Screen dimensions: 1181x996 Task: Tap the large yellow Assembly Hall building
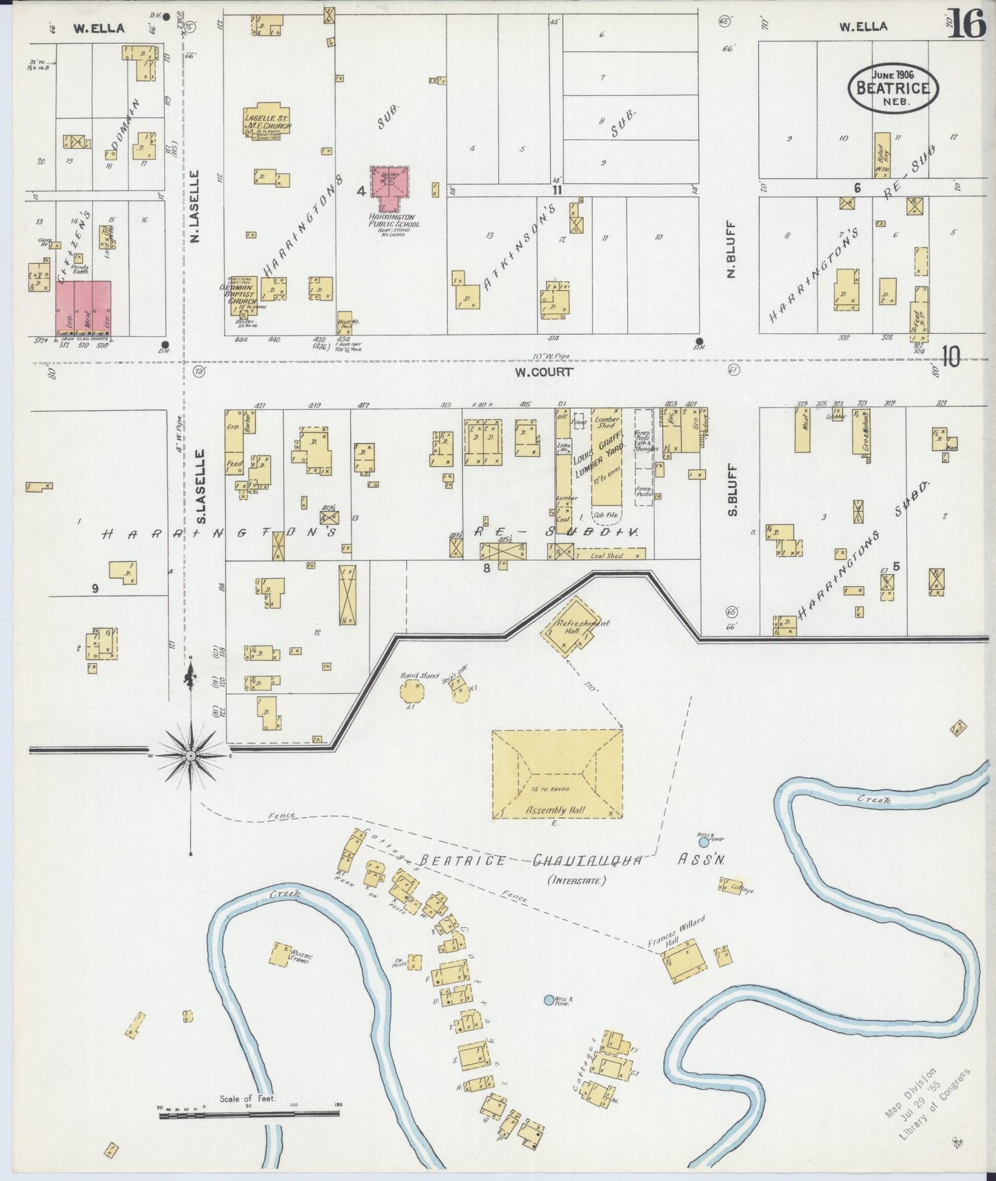557,774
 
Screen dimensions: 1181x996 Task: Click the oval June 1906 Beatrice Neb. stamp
893,88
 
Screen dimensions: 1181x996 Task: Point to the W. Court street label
543,372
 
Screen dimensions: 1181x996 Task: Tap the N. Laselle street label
195,207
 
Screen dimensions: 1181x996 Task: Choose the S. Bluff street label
733,490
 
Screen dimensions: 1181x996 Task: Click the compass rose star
190,756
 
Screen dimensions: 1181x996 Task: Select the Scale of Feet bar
250,1115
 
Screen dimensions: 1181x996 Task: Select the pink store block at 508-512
83,308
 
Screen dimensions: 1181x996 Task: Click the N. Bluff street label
732,249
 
